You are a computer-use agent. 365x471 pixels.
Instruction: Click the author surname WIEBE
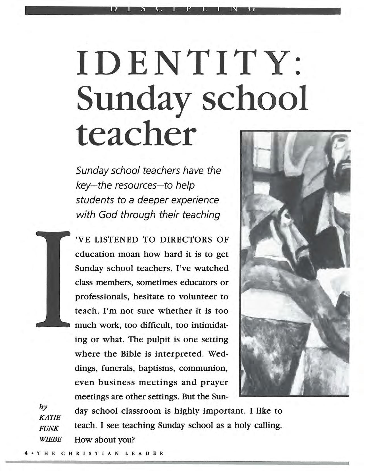pyautogui.click(x=50, y=439)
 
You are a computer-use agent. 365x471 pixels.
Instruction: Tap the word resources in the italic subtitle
pyautogui.click(x=143, y=185)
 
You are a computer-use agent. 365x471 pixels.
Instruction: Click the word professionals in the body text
pyautogui.click(x=102, y=297)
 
